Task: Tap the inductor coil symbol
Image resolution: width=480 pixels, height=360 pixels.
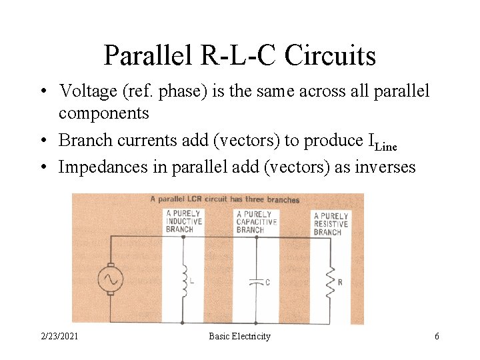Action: click(183, 281)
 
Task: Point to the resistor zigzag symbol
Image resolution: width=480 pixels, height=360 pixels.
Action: click(329, 282)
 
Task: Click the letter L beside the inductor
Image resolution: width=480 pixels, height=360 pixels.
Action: click(192, 281)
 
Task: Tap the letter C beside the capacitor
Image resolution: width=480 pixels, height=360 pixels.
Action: click(267, 282)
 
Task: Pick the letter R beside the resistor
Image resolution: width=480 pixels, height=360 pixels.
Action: click(340, 282)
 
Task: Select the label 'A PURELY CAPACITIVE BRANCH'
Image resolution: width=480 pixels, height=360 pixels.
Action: click(257, 222)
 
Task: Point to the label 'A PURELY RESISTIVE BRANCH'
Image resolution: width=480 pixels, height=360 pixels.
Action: click(331, 224)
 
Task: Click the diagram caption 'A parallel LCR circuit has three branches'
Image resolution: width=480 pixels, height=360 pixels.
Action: click(225, 199)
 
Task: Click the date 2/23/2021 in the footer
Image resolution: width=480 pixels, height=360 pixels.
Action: click(59, 337)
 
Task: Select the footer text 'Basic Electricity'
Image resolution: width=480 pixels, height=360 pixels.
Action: click(239, 337)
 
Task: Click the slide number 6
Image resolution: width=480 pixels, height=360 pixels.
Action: click(437, 337)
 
